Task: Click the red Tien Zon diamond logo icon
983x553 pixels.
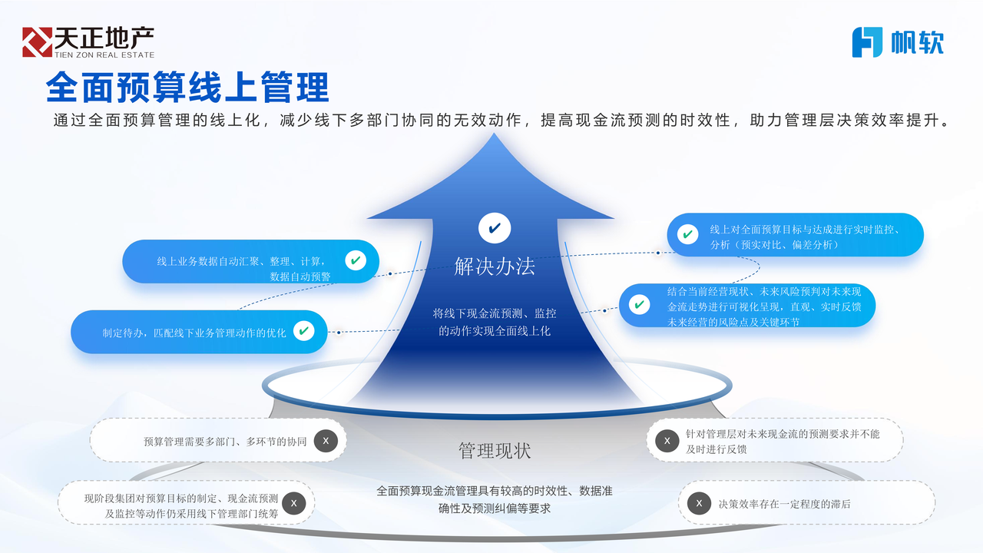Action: (38, 42)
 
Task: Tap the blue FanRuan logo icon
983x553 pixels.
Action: (867, 42)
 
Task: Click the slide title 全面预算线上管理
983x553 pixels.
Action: (187, 87)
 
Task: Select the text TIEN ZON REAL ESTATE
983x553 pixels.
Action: (104, 55)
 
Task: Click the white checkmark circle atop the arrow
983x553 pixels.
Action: (495, 228)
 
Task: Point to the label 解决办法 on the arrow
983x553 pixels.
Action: (495, 267)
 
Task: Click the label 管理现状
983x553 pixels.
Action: (495, 451)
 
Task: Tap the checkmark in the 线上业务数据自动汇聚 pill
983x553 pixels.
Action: (356, 260)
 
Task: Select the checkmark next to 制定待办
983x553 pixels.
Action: (303, 331)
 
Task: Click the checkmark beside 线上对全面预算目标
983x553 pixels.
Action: (687, 234)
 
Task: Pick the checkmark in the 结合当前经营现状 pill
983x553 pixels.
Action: (640, 304)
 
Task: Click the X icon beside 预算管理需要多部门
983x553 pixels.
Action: (326, 441)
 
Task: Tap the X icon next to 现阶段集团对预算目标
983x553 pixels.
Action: (294, 503)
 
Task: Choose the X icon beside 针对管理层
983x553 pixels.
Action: (667, 441)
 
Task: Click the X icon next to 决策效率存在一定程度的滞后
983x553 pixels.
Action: (699, 503)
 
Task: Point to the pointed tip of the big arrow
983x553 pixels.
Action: (494, 134)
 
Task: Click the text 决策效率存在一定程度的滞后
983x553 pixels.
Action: (784, 505)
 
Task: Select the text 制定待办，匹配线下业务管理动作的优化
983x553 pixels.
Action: (194, 333)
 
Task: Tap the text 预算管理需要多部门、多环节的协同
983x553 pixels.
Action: (225, 442)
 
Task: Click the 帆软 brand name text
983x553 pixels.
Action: (917, 42)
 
